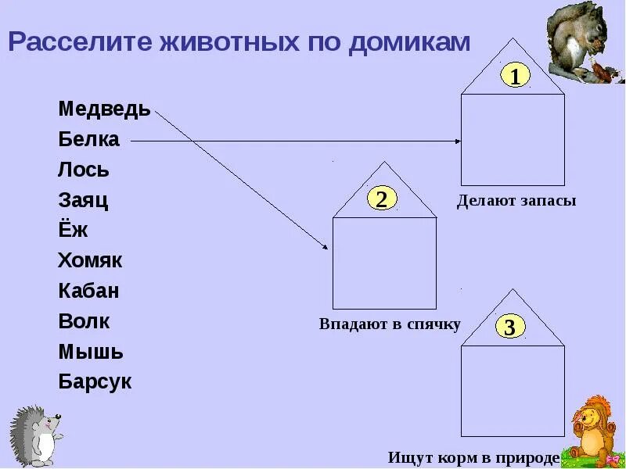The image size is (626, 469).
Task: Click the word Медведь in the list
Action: point(104,109)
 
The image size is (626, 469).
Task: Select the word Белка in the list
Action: point(88,140)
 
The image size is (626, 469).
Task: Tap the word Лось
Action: point(84,170)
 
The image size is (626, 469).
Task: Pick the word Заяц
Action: point(83,201)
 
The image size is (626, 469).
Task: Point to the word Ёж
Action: point(73,230)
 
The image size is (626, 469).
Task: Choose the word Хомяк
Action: point(90,260)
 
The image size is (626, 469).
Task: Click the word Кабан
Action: point(88,291)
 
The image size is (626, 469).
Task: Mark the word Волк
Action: point(84,321)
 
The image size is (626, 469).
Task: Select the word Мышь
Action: point(91,352)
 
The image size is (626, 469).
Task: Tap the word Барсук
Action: point(95,382)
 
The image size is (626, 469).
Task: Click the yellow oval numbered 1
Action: point(515,76)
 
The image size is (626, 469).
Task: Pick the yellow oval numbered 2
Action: point(381,199)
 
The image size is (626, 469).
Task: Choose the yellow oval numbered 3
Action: point(509,328)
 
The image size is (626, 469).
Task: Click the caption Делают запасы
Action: point(516,201)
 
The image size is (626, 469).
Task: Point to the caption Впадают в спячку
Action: point(390,324)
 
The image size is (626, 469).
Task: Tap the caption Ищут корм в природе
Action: point(474,456)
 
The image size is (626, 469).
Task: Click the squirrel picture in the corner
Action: point(585,43)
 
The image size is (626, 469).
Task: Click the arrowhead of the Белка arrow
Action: point(458,141)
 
